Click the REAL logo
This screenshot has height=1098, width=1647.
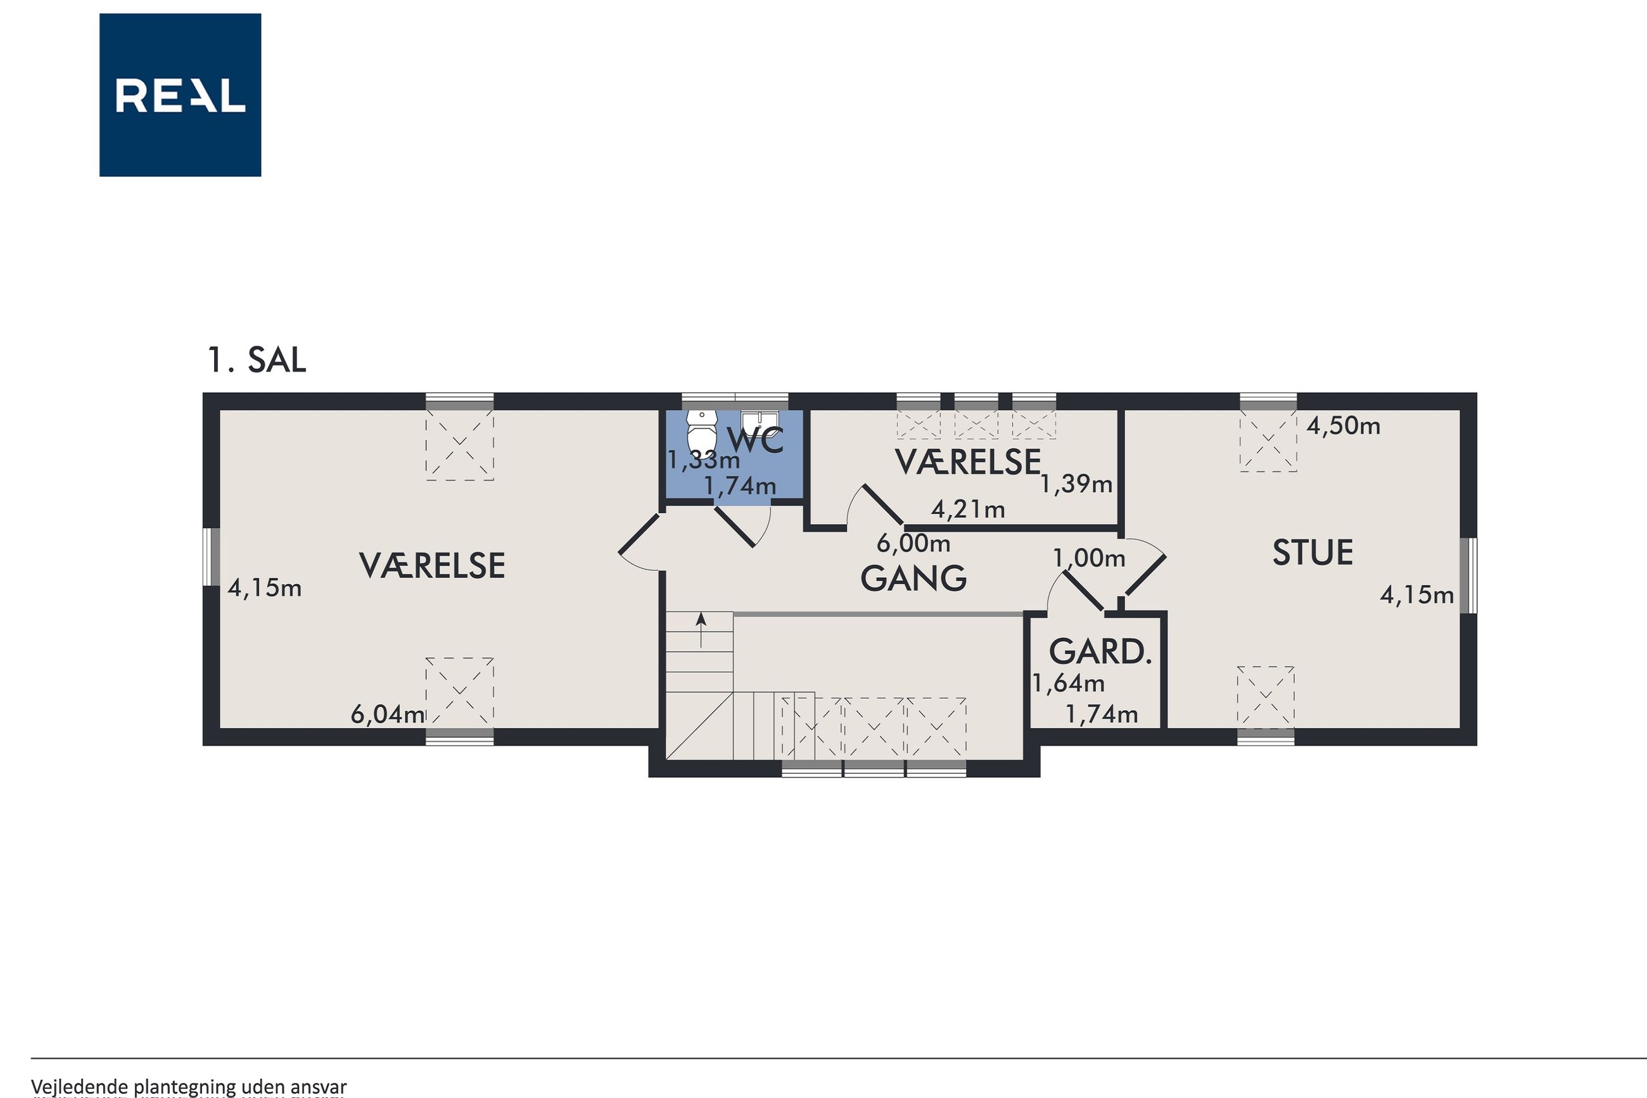pos(180,94)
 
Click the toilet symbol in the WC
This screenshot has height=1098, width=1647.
pos(702,431)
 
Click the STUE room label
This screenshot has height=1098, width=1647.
pos(1313,552)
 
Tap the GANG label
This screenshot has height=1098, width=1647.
pos(913,578)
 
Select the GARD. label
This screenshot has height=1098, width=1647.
pos(1100,652)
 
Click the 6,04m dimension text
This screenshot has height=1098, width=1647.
pos(387,714)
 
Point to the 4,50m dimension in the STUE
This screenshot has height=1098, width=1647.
pos(1343,426)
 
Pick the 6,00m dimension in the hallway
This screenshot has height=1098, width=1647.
pos(913,543)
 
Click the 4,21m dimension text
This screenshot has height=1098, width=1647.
pos(968,509)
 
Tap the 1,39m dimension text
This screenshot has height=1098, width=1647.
pos(1076,484)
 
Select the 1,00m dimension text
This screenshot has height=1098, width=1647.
pos(1089,558)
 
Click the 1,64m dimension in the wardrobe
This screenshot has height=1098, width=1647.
pos(1069,683)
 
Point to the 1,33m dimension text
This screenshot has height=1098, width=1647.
pos(703,460)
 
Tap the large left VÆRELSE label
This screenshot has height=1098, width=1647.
pos(432,566)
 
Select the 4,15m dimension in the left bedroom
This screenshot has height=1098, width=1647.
pos(265,588)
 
